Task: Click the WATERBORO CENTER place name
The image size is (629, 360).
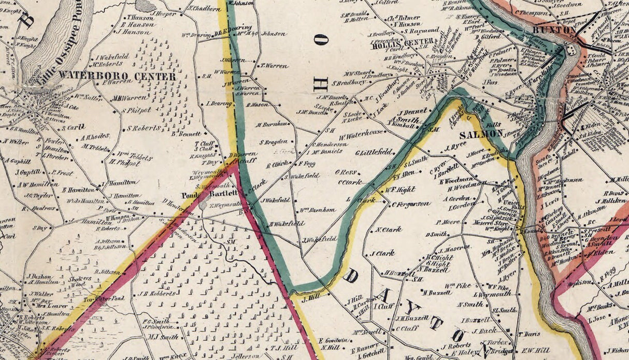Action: point(117,76)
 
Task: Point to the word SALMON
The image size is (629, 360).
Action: point(481,134)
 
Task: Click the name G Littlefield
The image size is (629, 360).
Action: point(374,152)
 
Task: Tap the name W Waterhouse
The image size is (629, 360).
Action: point(361,133)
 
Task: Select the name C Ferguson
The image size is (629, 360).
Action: point(411,204)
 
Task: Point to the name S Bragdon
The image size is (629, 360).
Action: point(273,141)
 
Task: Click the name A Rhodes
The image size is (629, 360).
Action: point(95,137)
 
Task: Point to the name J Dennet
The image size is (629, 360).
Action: point(412,111)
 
